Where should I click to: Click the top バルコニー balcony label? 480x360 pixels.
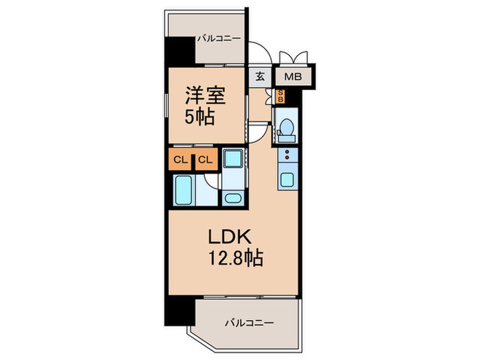[218, 38]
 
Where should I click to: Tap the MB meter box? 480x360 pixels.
[293, 76]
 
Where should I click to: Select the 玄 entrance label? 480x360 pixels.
[261, 76]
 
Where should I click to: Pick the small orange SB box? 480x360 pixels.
[280, 97]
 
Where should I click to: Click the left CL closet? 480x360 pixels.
[180, 160]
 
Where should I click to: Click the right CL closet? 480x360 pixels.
[205, 160]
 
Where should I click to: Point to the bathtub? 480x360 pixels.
[184, 190]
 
